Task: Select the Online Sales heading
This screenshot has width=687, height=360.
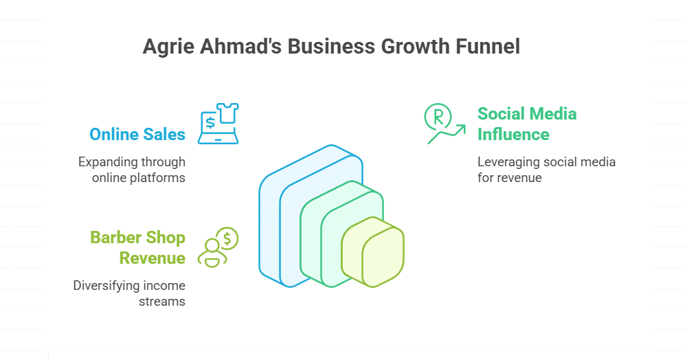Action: [137, 134]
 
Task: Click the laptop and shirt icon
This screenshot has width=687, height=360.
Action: [218, 124]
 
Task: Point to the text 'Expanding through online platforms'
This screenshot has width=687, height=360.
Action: [131, 170]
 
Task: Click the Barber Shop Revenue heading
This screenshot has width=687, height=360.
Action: [137, 248]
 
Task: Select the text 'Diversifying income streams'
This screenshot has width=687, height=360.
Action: [129, 293]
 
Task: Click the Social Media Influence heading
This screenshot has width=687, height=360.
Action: [527, 124]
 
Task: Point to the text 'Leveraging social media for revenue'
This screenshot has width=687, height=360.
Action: [546, 170]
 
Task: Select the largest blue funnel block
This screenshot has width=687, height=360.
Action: [271, 227]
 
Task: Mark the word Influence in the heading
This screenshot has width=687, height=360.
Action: [513, 134]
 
